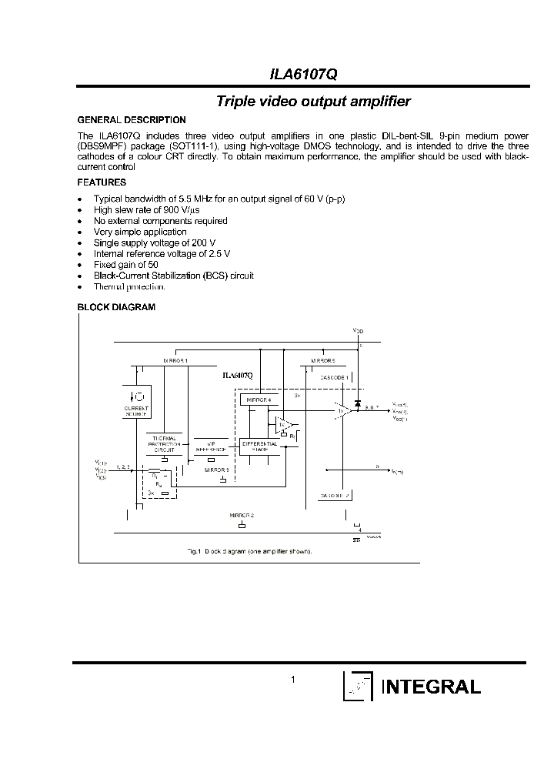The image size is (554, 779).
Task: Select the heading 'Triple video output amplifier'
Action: (313, 101)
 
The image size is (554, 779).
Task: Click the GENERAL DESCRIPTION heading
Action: (132, 120)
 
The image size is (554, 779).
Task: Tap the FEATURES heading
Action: (102, 183)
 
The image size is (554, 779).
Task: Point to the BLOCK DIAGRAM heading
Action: (116, 307)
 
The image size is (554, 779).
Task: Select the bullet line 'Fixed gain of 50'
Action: (126, 264)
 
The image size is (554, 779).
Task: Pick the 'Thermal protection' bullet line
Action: (128, 286)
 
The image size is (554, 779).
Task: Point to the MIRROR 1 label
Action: (175, 360)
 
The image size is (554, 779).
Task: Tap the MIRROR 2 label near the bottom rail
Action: (241, 514)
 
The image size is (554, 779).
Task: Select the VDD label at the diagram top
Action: (359, 331)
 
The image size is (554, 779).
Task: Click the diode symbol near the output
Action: (358, 403)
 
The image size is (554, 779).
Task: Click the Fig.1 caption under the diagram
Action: (250, 551)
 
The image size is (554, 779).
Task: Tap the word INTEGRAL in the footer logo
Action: (432, 687)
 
